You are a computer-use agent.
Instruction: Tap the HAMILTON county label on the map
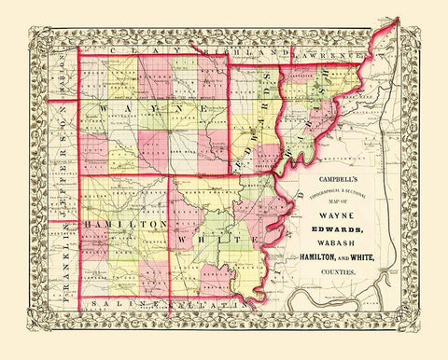point(112,226)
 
